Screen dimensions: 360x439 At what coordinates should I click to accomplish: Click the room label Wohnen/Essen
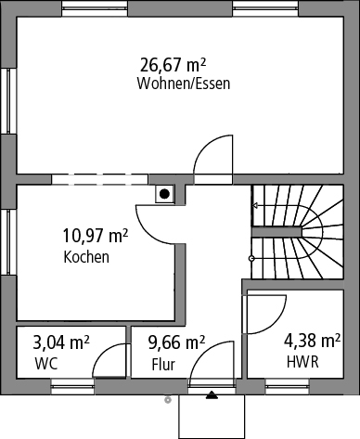tap(184, 84)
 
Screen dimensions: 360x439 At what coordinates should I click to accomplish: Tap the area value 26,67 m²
tap(174, 65)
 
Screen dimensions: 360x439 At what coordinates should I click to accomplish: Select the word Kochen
tap(86, 257)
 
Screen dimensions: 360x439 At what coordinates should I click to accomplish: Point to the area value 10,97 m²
tap(96, 236)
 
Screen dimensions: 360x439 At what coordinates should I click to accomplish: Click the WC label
tap(46, 364)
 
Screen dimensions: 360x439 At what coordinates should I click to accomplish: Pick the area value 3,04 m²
tap(61, 342)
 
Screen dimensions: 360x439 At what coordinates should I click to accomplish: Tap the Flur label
tap(163, 365)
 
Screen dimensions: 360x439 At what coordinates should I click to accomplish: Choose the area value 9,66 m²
tap(176, 342)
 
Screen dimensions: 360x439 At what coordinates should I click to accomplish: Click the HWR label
tap(302, 362)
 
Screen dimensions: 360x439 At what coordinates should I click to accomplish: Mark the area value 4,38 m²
tap(313, 341)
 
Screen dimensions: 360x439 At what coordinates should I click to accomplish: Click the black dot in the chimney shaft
tap(164, 194)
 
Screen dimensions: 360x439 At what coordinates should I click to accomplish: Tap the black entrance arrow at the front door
tap(212, 395)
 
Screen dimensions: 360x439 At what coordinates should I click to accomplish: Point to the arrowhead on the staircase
tap(255, 205)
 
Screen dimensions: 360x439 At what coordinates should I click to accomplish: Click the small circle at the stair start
tap(251, 258)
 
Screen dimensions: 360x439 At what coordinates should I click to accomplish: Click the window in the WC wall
tap(72, 386)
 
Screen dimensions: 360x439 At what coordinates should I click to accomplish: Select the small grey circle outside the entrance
tap(168, 400)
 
